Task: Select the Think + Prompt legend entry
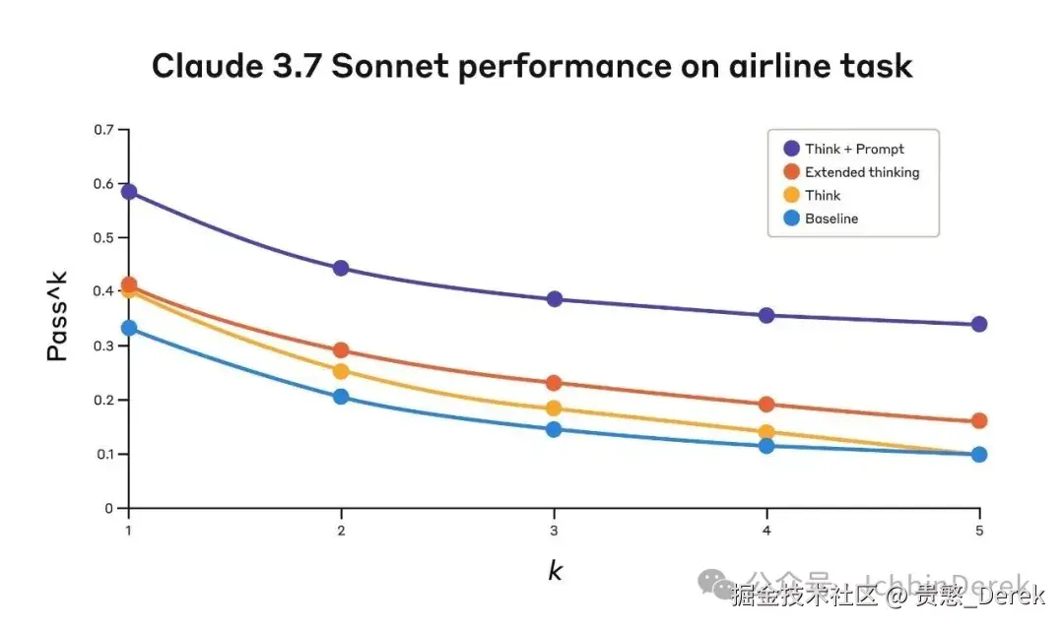tap(853, 149)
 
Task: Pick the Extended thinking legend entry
tap(861, 172)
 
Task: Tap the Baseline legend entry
tap(831, 219)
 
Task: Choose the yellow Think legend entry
tap(822, 195)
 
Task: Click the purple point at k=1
tap(128, 191)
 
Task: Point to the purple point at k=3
tap(554, 298)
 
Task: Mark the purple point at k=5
tap(978, 324)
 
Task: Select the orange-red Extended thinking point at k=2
tap(341, 349)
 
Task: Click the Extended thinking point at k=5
tap(978, 420)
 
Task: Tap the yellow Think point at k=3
tap(554, 408)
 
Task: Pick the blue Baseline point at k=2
tap(341, 397)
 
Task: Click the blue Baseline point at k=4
tap(765, 446)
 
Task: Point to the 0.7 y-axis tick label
tap(103, 130)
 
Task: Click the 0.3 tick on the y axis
tap(103, 346)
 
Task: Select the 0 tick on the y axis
tap(109, 509)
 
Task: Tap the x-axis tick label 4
tap(765, 530)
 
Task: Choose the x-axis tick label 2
tap(341, 530)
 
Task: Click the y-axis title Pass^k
tap(58, 318)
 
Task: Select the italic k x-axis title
tap(555, 571)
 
